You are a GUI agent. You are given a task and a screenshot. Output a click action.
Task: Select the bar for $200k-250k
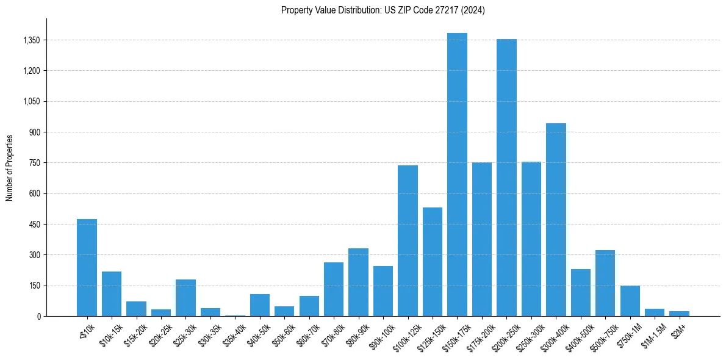[x=506, y=178]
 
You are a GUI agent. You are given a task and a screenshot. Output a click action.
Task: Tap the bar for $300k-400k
[x=556, y=220]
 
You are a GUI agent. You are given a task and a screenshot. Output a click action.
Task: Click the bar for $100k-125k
[x=408, y=240]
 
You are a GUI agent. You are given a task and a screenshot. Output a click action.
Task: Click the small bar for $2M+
[x=679, y=314]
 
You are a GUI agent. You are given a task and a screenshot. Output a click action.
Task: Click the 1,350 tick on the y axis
[x=31, y=40]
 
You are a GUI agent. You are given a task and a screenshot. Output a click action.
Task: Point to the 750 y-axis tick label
[x=34, y=163]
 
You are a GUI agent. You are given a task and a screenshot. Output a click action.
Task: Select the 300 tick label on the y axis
[x=34, y=255]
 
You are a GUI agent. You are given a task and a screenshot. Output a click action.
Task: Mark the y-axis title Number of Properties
[x=10, y=167]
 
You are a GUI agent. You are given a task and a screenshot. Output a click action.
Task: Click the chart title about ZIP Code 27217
[x=383, y=10]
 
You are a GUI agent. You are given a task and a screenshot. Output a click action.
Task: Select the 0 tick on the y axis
[x=38, y=316]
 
